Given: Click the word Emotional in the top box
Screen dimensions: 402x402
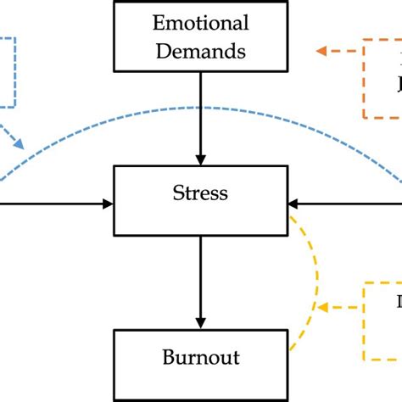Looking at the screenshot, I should point(200,23).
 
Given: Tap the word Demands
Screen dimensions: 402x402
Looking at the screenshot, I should point(200,51).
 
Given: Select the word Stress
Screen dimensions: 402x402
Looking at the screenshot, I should point(200,193).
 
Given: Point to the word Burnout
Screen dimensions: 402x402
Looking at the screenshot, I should point(200,357).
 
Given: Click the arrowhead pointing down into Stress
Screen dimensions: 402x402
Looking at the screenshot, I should point(200,159).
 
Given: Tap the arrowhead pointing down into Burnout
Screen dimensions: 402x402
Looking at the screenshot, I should point(200,323).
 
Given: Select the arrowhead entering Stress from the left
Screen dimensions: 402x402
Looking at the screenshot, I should point(108,203).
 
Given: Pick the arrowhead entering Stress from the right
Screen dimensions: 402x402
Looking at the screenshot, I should point(293,203).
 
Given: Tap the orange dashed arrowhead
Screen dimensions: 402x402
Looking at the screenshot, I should point(322,51).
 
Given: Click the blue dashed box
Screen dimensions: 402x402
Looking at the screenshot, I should point(8,72).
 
